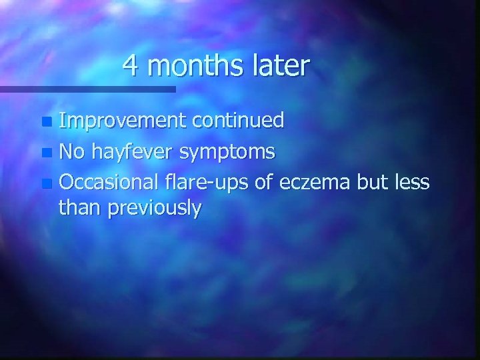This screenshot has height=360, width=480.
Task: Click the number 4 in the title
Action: pyautogui.click(x=130, y=66)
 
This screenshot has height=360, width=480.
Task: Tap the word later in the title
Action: pyautogui.click(x=281, y=66)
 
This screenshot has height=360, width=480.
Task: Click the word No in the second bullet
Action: pyautogui.click(x=71, y=153)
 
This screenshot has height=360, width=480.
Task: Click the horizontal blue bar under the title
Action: pyautogui.click(x=87, y=89)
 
